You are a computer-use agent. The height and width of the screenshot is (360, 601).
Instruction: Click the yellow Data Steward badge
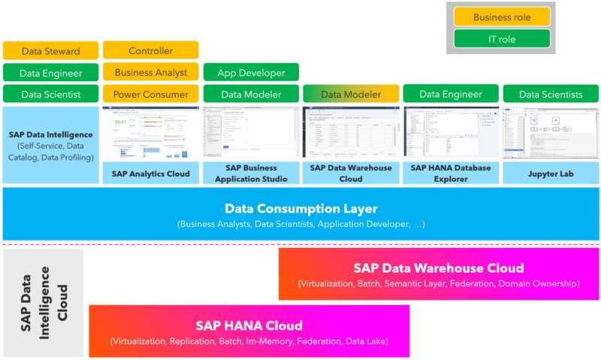[51, 51]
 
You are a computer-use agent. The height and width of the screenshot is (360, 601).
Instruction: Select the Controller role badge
[150, 50]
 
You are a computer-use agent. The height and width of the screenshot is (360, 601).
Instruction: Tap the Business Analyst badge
[150, 73]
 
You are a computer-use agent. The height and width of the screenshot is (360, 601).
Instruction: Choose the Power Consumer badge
[150, 95]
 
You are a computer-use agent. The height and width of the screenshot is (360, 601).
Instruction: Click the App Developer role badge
[251, 73]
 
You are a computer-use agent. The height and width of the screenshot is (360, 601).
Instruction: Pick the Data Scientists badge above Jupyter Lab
[551, 95]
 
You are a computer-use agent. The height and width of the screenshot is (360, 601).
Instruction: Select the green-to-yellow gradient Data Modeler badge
[351, 95]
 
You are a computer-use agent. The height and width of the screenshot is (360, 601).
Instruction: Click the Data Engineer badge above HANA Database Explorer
[451, 95]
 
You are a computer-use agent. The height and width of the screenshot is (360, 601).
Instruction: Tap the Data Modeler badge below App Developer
[251, 95]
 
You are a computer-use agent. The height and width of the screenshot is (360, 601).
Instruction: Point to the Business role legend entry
[501, 17]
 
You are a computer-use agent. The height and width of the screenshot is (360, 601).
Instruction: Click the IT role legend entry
[501, 39]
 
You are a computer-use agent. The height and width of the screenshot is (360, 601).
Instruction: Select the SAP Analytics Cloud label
[150, 173]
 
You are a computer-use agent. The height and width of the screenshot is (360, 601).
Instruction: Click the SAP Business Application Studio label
[251, 173]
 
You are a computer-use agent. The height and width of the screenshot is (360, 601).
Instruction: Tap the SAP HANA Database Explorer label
[451, 173]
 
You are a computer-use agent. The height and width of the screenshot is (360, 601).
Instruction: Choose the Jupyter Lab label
[551, 173]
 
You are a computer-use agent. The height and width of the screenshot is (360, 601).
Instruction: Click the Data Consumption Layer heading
[300, 209]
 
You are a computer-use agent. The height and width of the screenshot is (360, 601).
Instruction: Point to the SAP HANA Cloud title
[249, 325]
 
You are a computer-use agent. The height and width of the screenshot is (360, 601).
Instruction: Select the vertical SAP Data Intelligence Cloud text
[42, 302]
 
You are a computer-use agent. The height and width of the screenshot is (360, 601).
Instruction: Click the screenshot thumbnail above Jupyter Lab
[551, 132]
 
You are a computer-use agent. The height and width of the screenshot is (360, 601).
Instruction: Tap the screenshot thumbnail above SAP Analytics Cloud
[150, 132]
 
